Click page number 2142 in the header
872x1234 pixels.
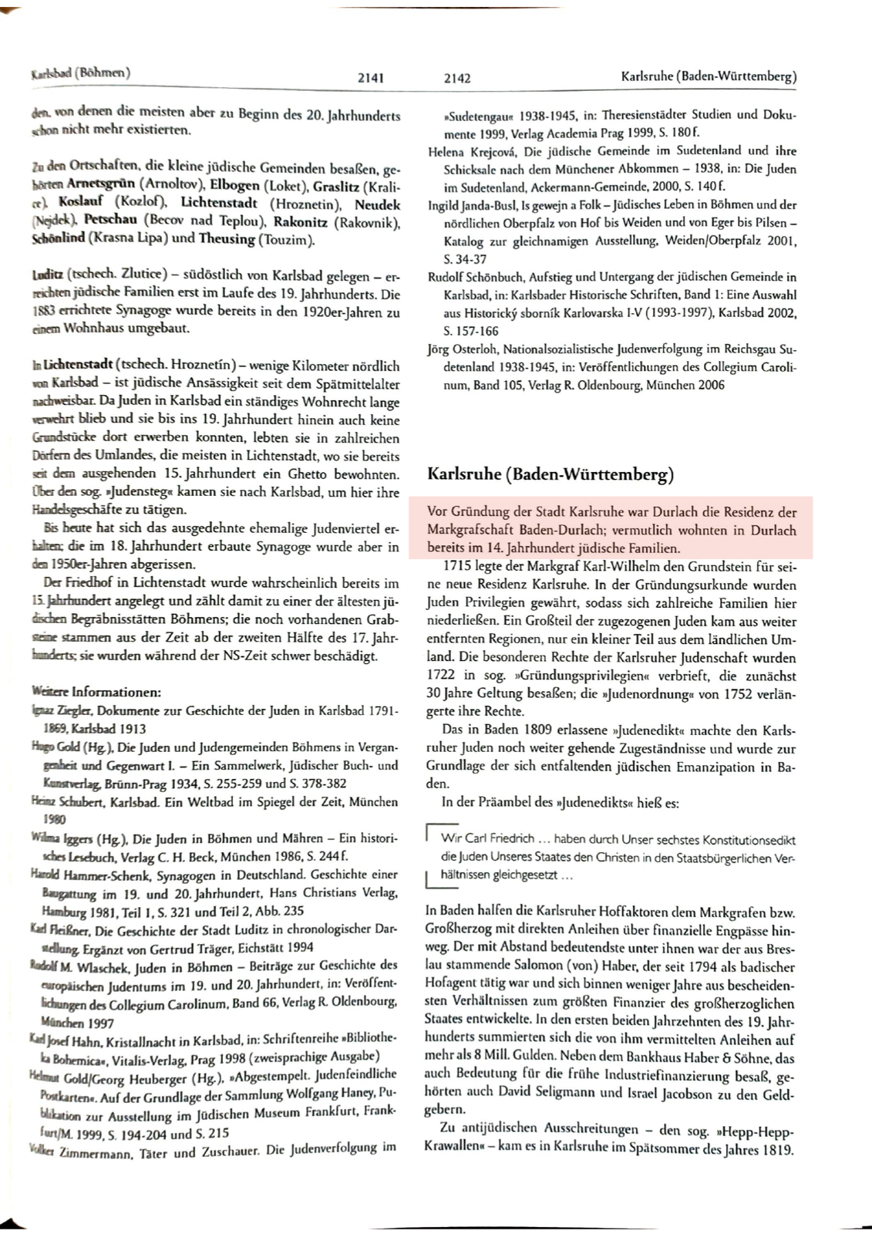457,78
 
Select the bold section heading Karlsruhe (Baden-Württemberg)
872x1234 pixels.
550,474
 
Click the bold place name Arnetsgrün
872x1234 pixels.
101,185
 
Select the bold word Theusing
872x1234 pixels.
227,238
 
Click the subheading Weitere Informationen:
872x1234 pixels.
96,692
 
